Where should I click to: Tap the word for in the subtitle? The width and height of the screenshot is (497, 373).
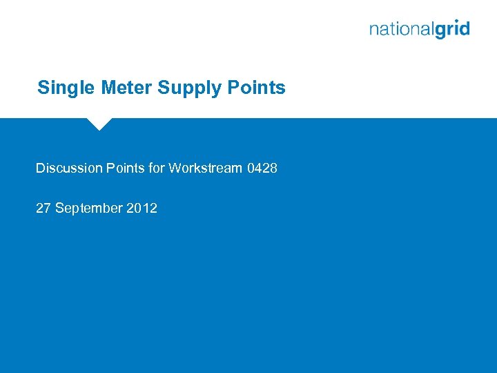point(156,168)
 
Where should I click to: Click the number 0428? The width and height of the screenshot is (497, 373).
point(262,168)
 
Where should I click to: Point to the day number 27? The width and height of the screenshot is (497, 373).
point(43,208)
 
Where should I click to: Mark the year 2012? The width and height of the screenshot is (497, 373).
point(142,208)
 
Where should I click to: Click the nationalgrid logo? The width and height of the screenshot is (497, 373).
point(419,30)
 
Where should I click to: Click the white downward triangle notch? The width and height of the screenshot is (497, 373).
point(99,124)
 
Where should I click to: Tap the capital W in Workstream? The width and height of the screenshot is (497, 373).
point(175,168)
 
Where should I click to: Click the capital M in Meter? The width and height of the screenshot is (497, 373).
point(108,88)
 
